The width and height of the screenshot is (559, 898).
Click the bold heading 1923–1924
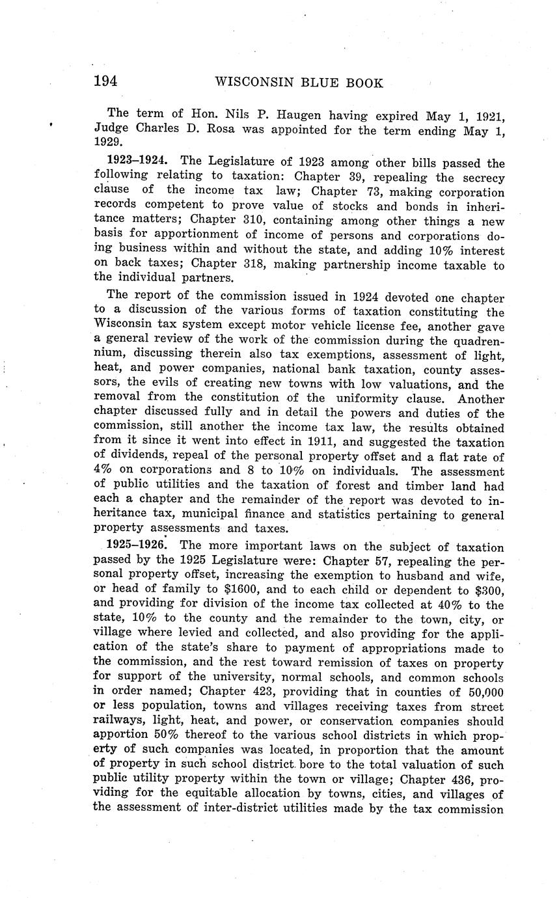(139, 161)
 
